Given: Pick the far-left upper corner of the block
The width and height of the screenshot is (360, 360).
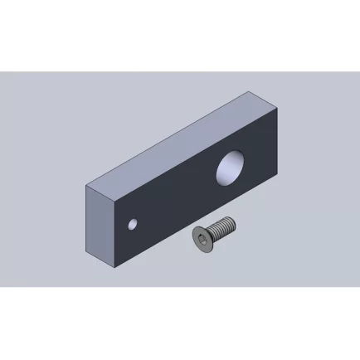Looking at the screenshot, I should coord(86,187).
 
